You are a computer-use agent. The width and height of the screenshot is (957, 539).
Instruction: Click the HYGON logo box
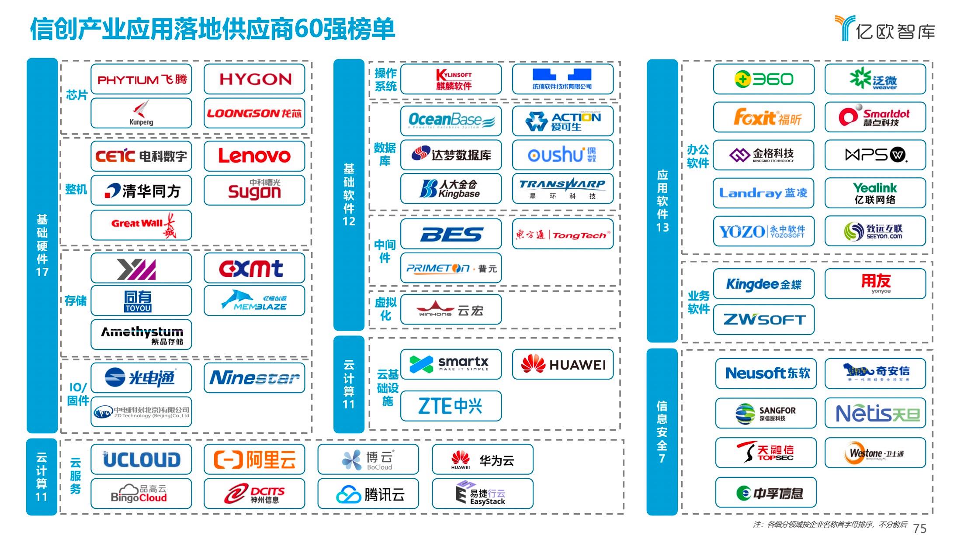tap(254, 79)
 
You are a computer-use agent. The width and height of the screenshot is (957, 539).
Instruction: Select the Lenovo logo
tap(254, 156)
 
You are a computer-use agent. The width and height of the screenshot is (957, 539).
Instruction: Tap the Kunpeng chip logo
tap(141, 113)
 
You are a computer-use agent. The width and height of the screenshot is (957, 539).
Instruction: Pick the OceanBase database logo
tap(451, 121)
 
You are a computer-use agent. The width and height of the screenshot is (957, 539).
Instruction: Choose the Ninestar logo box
tap(254, 378)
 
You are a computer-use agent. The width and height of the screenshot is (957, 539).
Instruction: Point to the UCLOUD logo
tap(141, 460)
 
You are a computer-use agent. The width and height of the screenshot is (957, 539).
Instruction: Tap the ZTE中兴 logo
tap(451, 406)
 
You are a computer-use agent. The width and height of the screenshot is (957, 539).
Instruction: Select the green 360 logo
tap(763, 79)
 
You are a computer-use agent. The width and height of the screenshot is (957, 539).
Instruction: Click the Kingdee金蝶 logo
tap(763, 284)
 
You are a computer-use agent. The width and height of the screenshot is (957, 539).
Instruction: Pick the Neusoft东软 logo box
tap(766, 373)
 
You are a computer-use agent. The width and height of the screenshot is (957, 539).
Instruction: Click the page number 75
tap(919, 529)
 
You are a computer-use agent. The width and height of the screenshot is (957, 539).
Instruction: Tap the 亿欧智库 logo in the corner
tap(884, 29)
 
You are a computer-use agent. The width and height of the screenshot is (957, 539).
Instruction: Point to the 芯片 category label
tap(76, 95)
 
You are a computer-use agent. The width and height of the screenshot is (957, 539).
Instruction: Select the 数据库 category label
tap(385, 154)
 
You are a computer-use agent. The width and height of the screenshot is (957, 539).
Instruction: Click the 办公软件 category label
tap(697, 156)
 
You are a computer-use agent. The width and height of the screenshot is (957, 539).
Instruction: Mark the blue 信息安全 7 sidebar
tap(662, 432)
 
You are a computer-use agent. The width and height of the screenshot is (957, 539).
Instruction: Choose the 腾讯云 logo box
tap(368, 494)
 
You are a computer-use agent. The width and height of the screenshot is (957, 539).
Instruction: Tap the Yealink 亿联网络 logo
tap(875, 193)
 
